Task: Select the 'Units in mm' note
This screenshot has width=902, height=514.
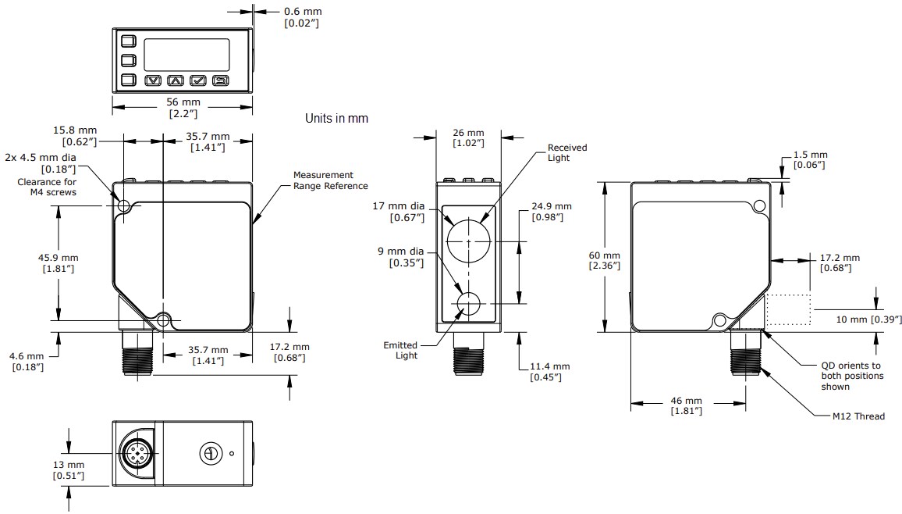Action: (336, 119)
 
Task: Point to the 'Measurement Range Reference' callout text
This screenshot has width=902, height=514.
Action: (330, 180)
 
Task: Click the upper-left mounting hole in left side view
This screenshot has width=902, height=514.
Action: (124, 206)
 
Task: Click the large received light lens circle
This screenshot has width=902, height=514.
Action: (468, 241)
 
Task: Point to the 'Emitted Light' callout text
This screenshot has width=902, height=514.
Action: (400, 350)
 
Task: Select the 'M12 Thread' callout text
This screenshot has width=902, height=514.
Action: (858, 416)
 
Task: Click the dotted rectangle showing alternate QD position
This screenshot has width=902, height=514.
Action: (789, 310)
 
